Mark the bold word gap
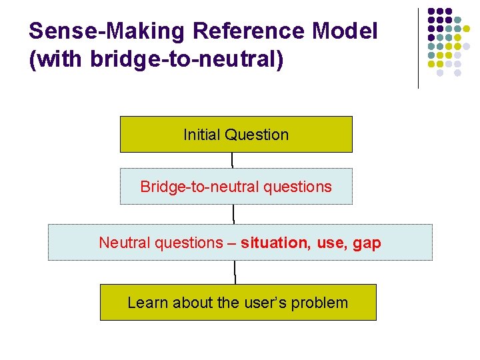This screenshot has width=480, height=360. (x=367, y=243)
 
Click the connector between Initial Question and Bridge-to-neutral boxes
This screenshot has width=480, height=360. (x=232, y=160)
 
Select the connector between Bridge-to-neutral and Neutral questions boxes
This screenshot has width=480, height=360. (x=233, y=214)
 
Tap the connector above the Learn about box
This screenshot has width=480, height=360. (x=235, y=272)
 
